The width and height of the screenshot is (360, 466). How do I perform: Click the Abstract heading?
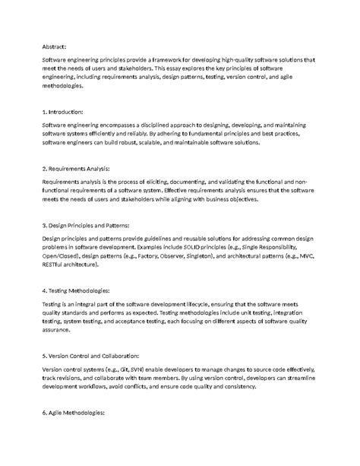[56, 46]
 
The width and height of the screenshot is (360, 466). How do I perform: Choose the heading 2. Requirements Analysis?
[77, 168]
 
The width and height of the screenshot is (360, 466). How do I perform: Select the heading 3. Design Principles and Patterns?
[87, 225]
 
